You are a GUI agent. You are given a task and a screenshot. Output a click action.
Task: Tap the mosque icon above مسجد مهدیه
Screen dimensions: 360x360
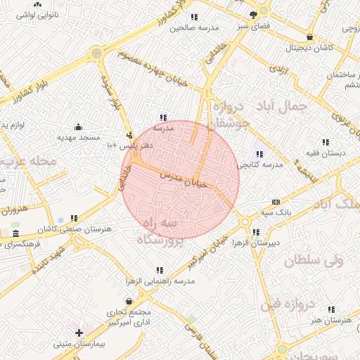pyautogui.click(x=77, y=128)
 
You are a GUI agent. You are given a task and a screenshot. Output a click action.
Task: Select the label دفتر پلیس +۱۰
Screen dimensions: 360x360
pyautogui.click(x=129, y=145)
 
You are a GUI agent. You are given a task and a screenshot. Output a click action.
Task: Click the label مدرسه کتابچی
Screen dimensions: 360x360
pyautogui.click(x=258, y=164)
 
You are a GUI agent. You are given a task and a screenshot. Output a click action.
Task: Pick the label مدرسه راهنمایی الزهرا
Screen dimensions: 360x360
pyautogui.click(x=160, y=280)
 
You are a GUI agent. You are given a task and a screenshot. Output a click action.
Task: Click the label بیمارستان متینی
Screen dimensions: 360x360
pyautogui.click(x=79, y=345)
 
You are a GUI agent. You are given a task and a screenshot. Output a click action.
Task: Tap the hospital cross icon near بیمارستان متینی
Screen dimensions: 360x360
pyautogui.click(x=79, y=333)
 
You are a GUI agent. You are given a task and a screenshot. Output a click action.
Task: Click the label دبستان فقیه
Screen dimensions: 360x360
pyautogui.click(x=324, y=152)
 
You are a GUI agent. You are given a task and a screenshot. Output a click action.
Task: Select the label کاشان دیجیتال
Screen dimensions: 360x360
pyautogui.click(x=309, y=49)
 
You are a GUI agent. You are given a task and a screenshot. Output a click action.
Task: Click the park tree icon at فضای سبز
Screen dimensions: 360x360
pyautogui.click(x=253, y=13)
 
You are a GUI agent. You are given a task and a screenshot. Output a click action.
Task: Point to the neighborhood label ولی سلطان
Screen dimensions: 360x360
pyautogui.click(x=310, y=261)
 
